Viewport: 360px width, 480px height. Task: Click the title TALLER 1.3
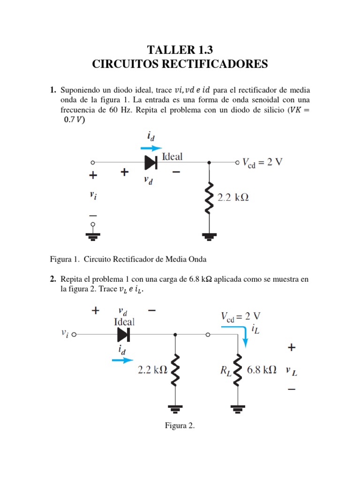[180, 50]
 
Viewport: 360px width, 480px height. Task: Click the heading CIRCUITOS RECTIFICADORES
[180, 64]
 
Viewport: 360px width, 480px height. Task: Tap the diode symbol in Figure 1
[150, 162]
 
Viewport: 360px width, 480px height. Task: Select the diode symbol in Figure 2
[123, 335]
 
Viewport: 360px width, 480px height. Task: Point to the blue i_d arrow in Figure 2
[123, 360]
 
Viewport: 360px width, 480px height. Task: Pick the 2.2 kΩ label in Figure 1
[233, 197]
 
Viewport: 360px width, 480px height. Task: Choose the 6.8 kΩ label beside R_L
[262, 369]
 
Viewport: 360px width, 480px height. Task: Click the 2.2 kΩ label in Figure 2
[152, 369]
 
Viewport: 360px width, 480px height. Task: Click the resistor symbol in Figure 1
[209, 196]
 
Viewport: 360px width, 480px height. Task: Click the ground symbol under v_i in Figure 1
[93, 237]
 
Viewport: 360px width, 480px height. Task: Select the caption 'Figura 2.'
[180, 426]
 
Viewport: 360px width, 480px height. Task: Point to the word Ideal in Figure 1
[172, 157]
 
